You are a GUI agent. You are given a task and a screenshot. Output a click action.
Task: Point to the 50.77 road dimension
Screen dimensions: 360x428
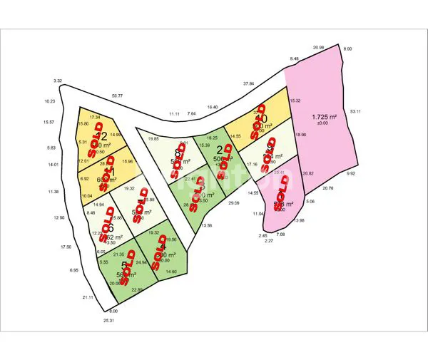[x=117, y=96]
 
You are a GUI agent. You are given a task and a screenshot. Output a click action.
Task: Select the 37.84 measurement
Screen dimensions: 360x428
[x=249, y=83]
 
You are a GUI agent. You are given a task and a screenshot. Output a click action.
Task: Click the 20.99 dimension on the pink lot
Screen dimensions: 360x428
[x=318, y=48]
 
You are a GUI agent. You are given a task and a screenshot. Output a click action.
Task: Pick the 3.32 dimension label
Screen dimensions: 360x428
[x=58, y=81]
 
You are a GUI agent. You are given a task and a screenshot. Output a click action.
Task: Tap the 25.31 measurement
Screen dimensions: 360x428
[x=108, y=321]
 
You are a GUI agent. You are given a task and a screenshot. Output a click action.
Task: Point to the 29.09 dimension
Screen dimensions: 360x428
[x=234, y=203]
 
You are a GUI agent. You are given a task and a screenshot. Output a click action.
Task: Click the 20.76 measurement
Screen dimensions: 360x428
[x=328, y=188]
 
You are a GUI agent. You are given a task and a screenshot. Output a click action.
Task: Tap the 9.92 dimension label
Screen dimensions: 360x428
[x=350, y=173]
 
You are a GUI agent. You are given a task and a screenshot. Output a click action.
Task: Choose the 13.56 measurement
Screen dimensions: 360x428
[x=207, y=225]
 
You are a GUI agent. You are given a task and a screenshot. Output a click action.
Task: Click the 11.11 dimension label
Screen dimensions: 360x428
[x=174, y=114]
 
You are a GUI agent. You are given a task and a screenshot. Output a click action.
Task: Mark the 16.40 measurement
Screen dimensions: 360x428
[x=213, y=107]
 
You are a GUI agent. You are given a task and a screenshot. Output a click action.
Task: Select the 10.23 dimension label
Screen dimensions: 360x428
[x=49, y=102]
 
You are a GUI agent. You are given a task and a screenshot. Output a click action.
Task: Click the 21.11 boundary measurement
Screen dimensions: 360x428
[x=88, y=297]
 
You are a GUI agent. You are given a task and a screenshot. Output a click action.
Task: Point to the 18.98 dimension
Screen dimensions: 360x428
[x=300, y=135]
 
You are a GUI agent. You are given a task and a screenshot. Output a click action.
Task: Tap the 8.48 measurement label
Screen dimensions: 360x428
[x=294, y=58]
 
